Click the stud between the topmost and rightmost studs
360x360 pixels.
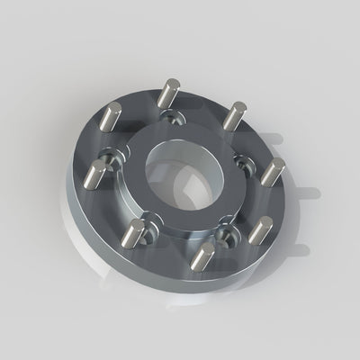pos(235,116)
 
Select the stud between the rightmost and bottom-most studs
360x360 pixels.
pos(259,231)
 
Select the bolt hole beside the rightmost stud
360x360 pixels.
pos(244,162)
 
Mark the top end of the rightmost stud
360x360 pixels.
pos(278,163)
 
